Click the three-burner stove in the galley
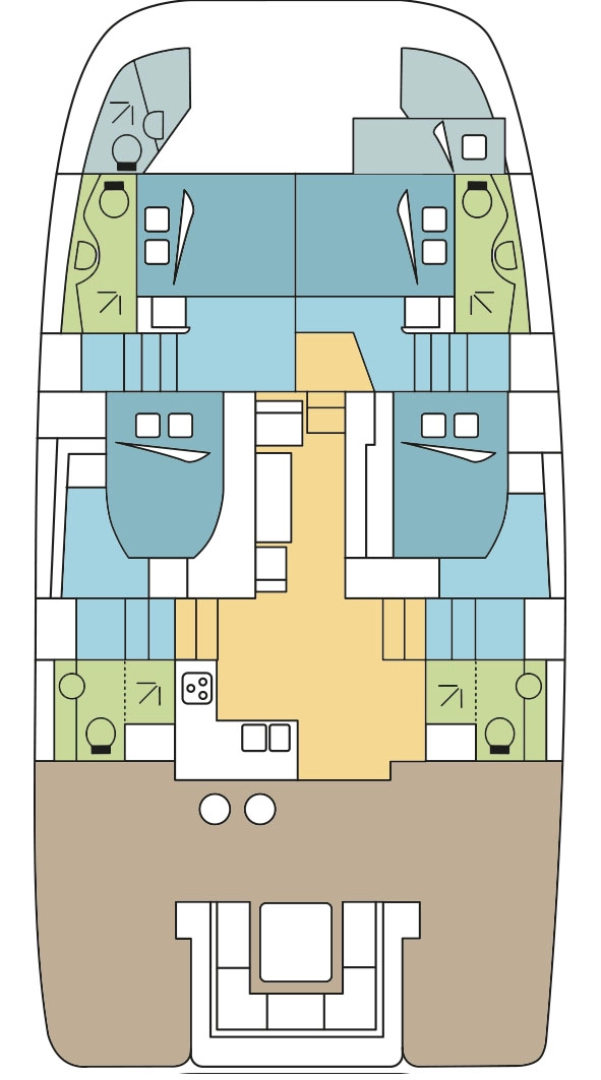click(196, 687)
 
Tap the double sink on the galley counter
click(266, 737)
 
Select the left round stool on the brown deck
click(215, 808)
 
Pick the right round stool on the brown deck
click(260, 808)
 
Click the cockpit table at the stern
click(295, 941)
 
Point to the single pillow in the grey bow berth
click(474, 147)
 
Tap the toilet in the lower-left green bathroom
click(98, 733)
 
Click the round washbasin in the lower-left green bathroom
click(70, 686)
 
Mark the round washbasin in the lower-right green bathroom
click(530, 686)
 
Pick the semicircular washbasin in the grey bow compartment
click(155, 125)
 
